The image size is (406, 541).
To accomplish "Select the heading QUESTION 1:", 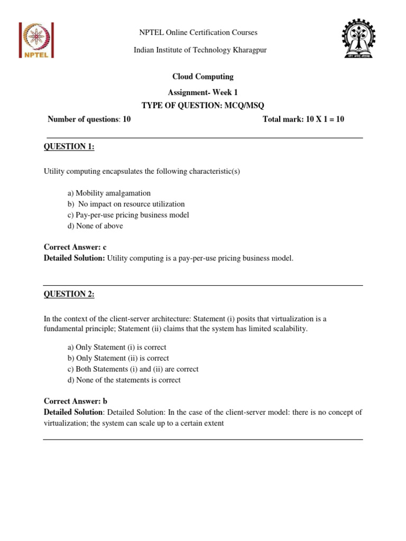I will tap(69, 147).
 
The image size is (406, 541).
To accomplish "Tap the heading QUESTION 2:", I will tap(69, 295).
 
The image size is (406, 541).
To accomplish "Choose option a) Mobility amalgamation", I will tap(109, 193).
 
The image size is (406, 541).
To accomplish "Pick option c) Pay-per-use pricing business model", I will tap(128, 215).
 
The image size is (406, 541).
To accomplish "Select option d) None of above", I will tap(95, 226).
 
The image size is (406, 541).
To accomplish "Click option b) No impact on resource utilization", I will tap(126, 204).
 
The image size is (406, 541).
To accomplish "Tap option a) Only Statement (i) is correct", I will tap(117, 347).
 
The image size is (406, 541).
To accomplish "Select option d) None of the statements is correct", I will tap(124, 380).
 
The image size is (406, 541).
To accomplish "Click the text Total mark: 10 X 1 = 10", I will tap(303, 119).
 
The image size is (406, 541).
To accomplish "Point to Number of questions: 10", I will tap(89, 119).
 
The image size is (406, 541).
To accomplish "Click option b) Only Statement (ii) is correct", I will tap(118, 358).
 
